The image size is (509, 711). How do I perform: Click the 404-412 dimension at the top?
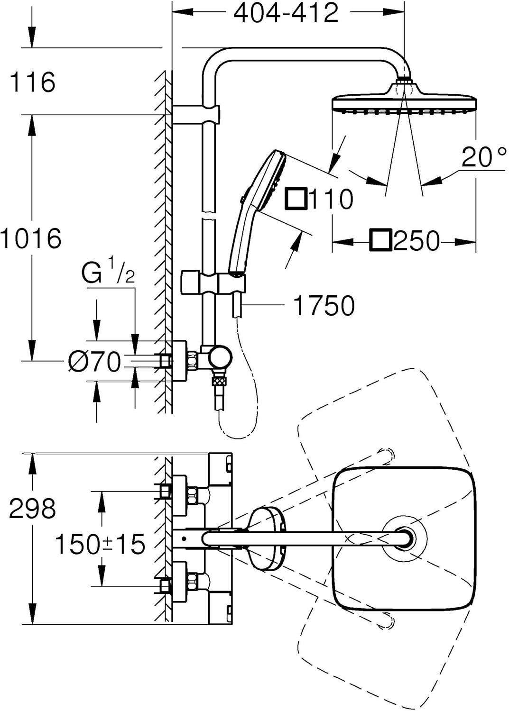[x=286, y=13]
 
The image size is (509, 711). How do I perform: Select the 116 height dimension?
[x=32, y=82]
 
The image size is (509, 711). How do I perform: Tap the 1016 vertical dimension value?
[x=31, y=238]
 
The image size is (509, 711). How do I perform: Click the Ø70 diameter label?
[x=94, y=362]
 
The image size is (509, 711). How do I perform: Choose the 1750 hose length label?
[x=324, y=305]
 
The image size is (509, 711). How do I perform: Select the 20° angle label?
[x=483, y=157]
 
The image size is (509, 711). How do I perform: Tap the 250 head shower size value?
[x=416, y=241]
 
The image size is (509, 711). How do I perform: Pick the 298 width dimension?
[x=32, y=509]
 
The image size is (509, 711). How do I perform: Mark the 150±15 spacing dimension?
[x=100, y=544]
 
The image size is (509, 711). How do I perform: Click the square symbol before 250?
[x=381, y=241]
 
